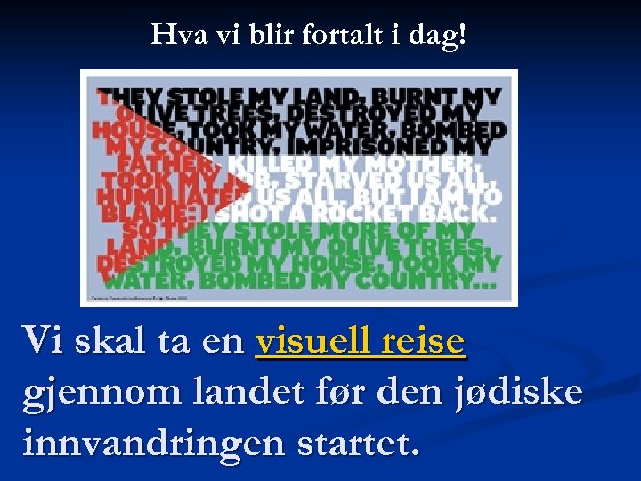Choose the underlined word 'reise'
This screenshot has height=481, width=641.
(423, 340)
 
